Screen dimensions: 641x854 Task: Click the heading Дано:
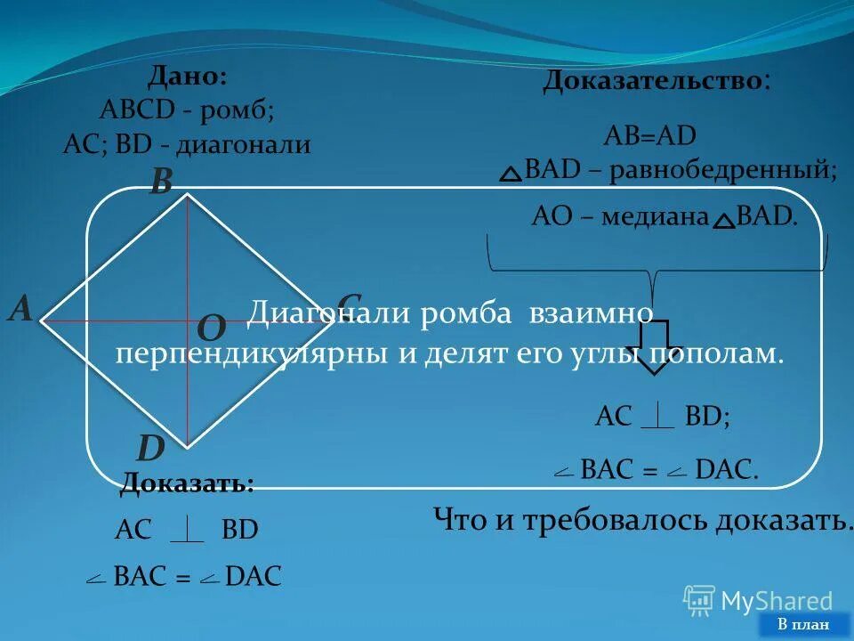click(x=187, y=77)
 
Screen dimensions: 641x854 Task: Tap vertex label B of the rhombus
click(x=160, y=182)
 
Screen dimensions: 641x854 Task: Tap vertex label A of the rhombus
click(x=20, y=309)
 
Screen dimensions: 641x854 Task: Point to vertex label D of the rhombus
click(x=149, y=448)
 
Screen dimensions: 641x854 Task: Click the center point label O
click(x=211, y=329)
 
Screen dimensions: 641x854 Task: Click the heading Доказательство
click(x=653, y=81)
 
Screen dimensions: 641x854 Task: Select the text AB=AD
click(x=649, y=136)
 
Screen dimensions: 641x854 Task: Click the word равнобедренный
click(x=721, y=170)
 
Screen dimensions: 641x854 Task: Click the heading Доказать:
click(x=187, y=483)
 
